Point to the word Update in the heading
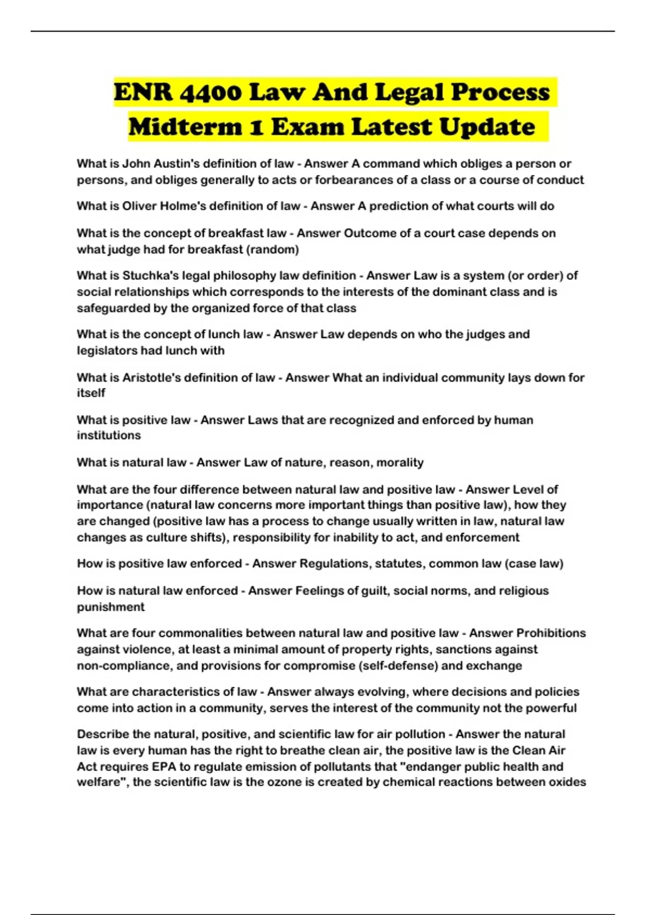tap(487, 127)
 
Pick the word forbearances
tap(354, 180)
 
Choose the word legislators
tap(107, 350)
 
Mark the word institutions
tap(109, 435)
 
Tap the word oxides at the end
tap(567, 782)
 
